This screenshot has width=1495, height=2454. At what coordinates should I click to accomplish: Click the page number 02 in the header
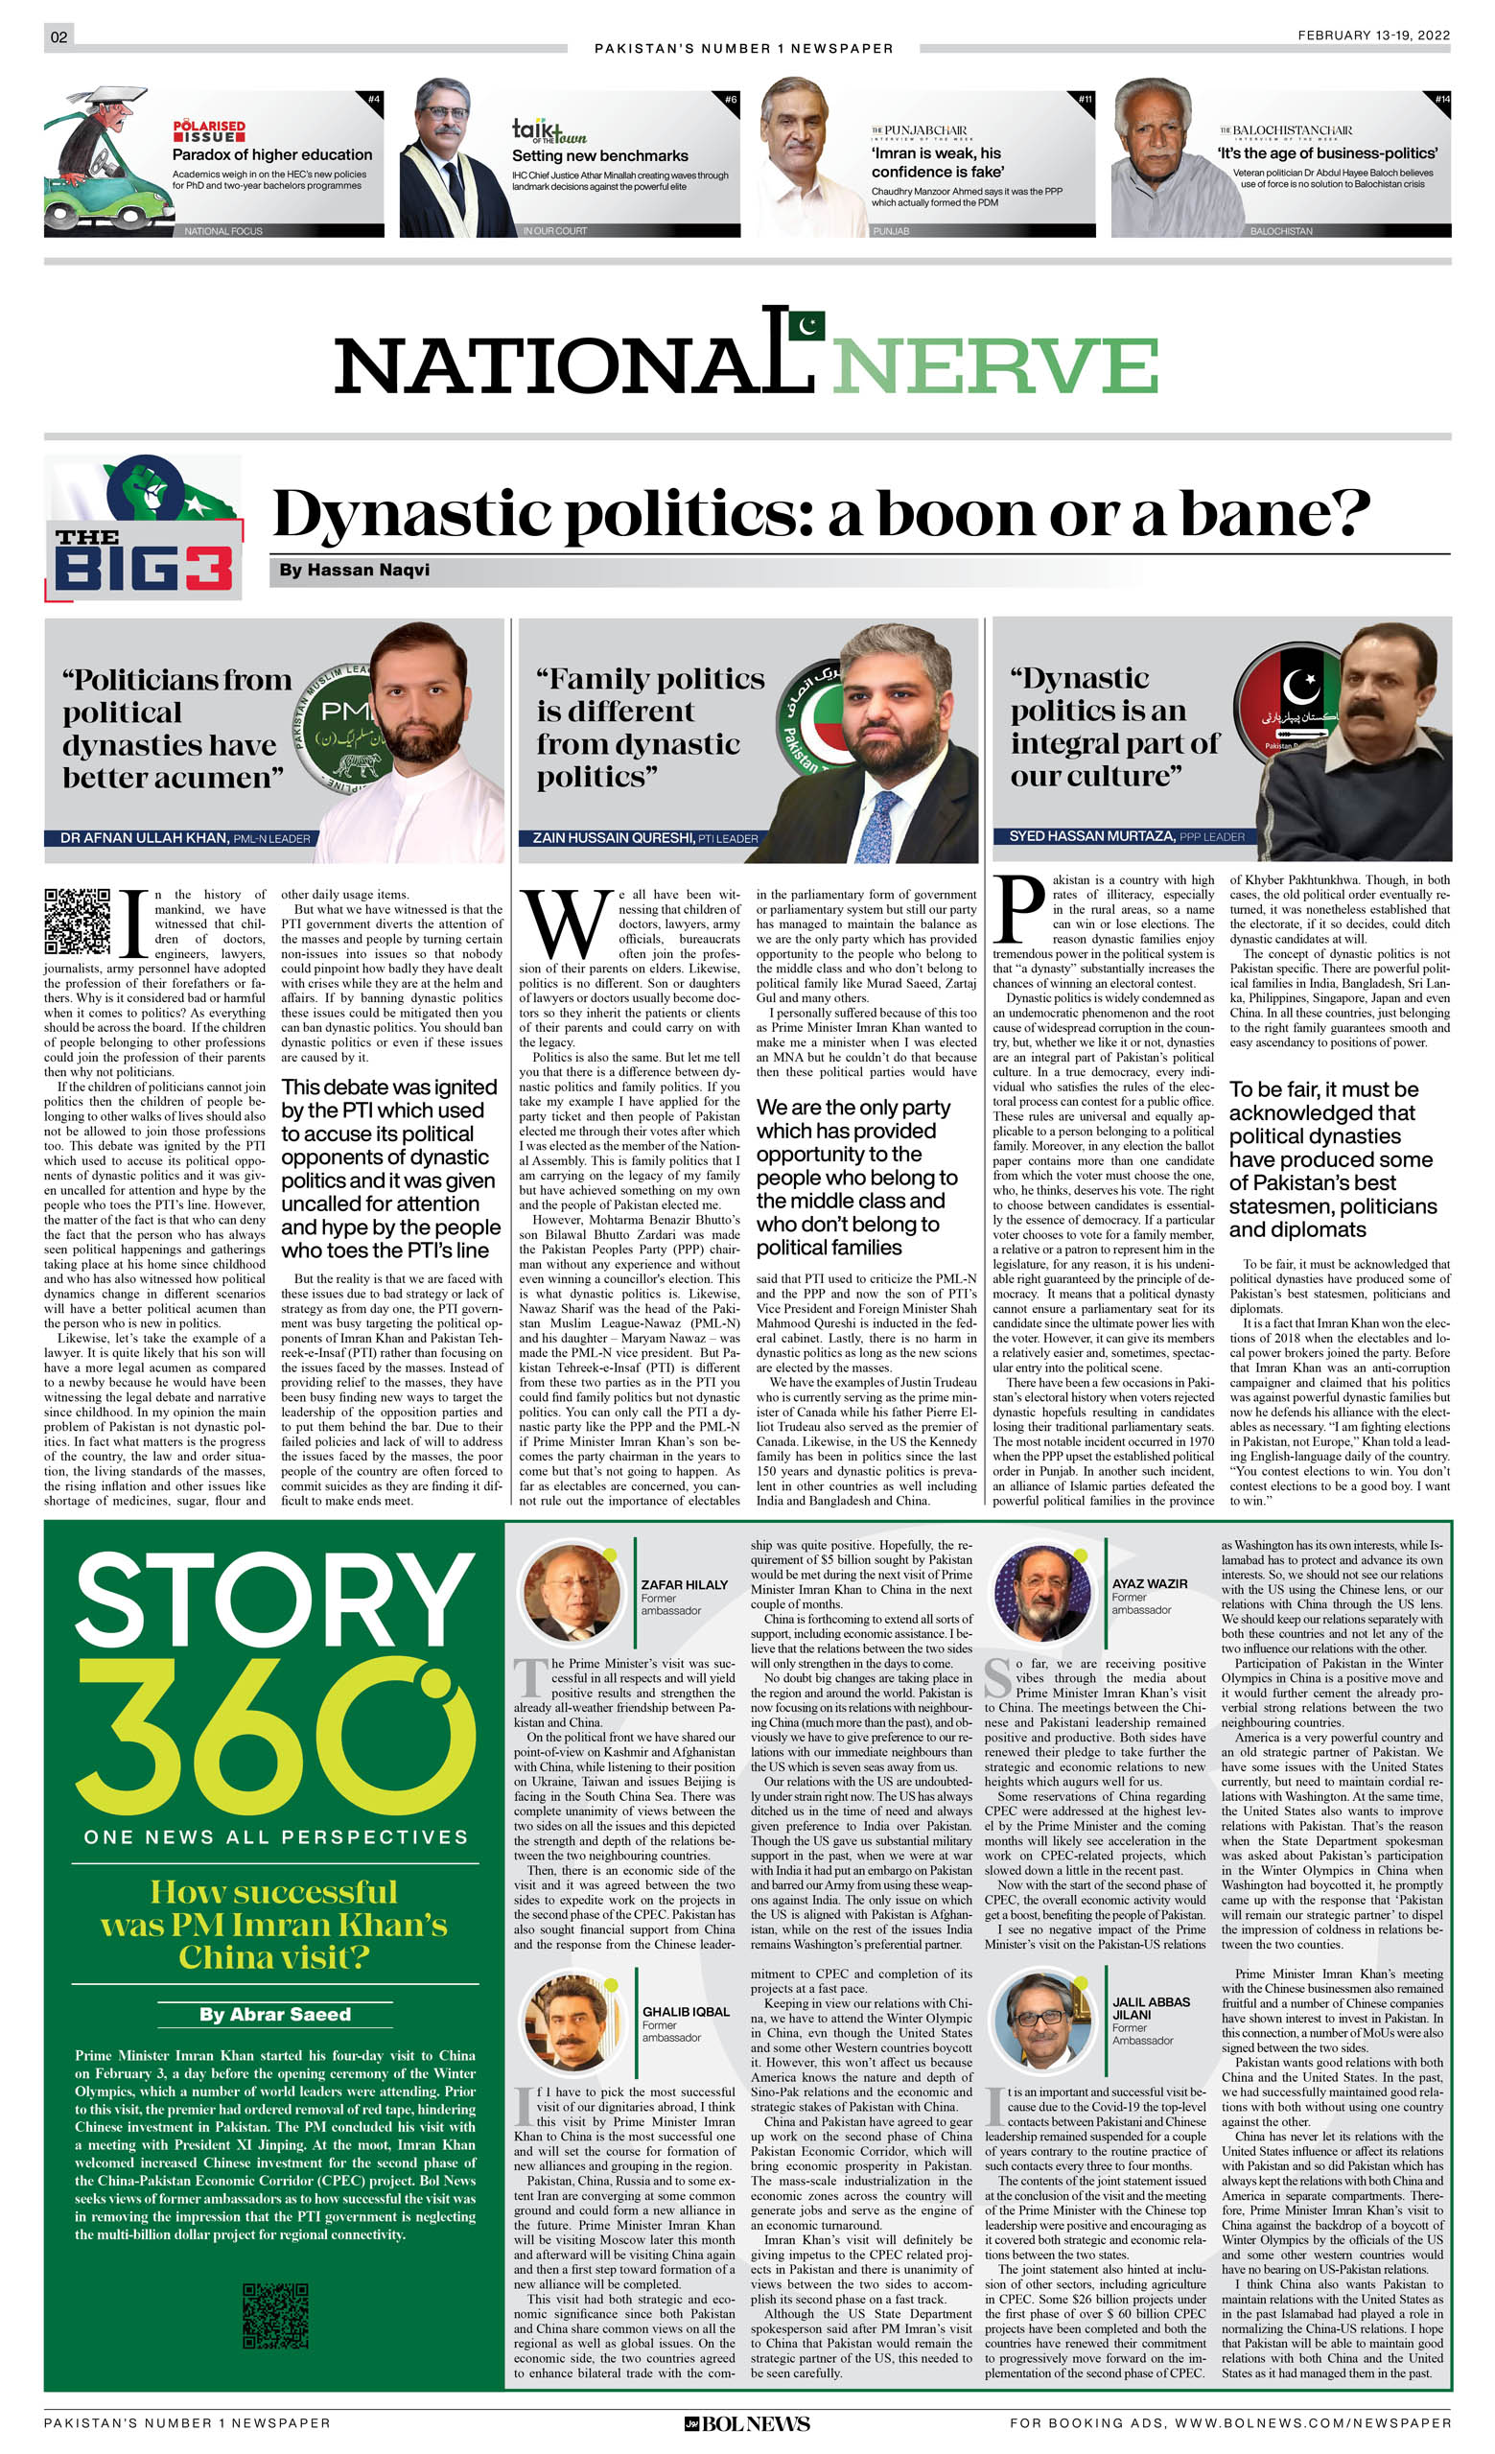(58, 36)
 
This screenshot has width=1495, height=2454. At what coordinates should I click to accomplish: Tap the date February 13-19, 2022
(1372, 35)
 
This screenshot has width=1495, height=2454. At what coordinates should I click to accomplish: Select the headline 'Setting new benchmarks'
(599, 155)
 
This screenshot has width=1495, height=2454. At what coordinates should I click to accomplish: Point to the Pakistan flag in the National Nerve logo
(806, 325)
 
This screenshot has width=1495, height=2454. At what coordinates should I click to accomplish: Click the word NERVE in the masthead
(994, 365)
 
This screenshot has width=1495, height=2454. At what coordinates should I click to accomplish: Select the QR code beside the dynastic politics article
(77, 921)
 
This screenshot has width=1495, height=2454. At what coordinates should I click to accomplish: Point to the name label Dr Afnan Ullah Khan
(144, 838)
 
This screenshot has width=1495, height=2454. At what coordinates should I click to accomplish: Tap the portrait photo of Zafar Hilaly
(571, 1596)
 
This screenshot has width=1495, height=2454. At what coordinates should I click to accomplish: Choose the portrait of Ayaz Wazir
(1041, 1595)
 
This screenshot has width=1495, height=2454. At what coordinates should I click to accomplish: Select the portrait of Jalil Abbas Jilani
(1041, 2019)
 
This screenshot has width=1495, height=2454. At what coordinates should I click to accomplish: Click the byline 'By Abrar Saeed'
(275, 2014)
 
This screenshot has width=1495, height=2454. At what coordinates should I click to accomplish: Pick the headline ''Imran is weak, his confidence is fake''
(936, 162)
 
